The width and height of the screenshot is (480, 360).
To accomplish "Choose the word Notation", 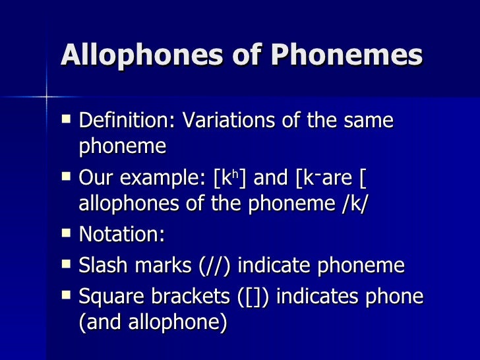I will click(121, 235).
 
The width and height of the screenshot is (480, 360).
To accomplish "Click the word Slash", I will click(100, 266).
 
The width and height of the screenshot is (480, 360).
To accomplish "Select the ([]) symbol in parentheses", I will click(253, 297).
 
